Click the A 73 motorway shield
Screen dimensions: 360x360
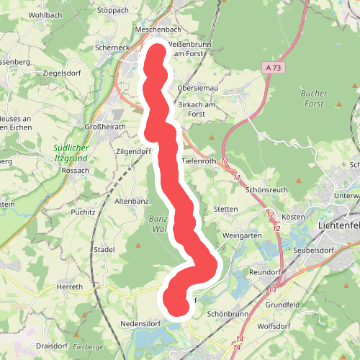coord(272,67)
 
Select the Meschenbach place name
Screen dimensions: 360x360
coord(158,30)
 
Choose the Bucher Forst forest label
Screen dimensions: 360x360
coord(313,99)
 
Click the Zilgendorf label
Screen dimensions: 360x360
coord(135,152)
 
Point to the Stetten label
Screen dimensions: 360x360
coord(226,210)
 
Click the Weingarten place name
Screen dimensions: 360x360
coord(242,235)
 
